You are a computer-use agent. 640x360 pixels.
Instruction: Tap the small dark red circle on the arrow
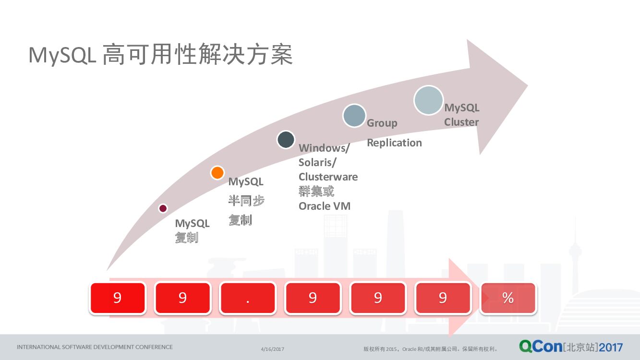click(x=163, y=208)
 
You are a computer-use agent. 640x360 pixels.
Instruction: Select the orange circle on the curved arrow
click(x=217, y=173)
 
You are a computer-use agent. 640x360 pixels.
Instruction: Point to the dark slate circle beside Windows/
click(x=286, y=139)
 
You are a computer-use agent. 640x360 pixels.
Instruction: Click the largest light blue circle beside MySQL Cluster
click(x=428, y=100)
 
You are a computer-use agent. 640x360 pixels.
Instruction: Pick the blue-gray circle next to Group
click(x=354, y=116)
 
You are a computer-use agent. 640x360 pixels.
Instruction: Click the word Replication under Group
click(x=394, y=143)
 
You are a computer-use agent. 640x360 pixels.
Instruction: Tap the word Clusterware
click(x=328, y=177)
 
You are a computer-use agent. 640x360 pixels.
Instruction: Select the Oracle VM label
click(x=325, y=206)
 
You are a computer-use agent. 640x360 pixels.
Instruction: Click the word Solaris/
click(x=317, y=162)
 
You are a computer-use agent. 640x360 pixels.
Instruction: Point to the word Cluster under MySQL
click(x=461, y=122)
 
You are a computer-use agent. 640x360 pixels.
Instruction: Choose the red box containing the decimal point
click(x=248, y=298)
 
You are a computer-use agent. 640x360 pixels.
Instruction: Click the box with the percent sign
click(x=508, y=298)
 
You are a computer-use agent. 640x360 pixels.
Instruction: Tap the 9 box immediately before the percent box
click(x=443, y=298)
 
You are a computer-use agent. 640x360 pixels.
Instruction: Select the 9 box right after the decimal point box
click(x=313, y=298)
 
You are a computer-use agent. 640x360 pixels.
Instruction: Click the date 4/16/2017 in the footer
click(x=273, y=349)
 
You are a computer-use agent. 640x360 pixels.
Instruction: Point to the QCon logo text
click(x=540, y=346)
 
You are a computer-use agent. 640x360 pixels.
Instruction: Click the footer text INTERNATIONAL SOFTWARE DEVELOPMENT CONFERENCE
click(x=95, y=347)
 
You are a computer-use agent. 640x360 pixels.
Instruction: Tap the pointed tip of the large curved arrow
click(x=527, y=86)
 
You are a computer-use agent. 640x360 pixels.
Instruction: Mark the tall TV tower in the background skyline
click(x=575, y=250)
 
